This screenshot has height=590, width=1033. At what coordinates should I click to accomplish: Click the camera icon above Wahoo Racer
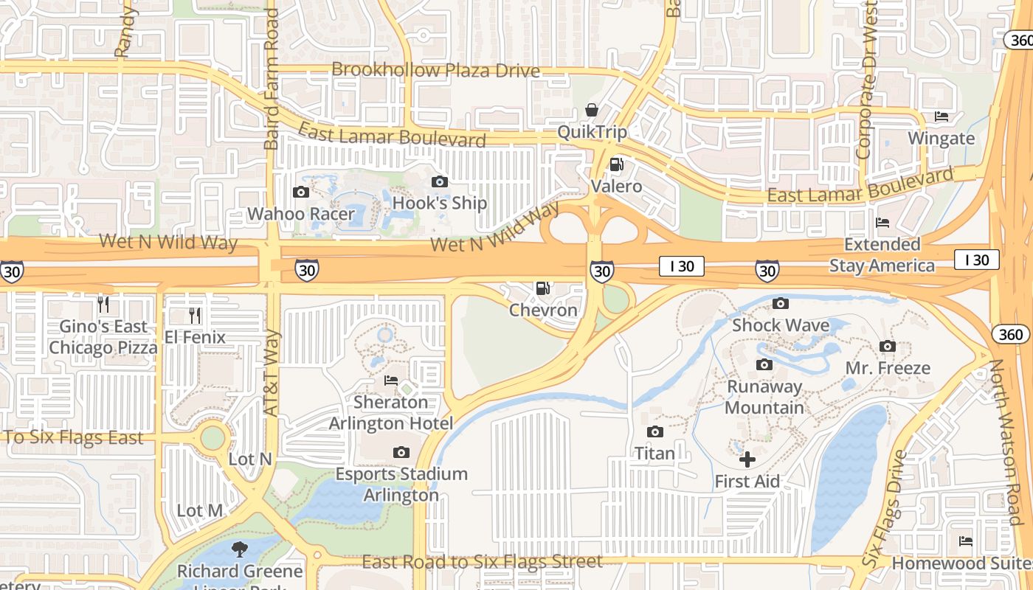coord(300,192)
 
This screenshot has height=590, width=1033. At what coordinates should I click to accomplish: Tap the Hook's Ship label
coord(440,203)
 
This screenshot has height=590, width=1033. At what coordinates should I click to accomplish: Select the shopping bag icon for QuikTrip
coord(592,110)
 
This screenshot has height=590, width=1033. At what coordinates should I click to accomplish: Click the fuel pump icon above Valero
coord(617,164)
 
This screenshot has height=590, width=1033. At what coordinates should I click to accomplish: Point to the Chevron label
coord(543,310)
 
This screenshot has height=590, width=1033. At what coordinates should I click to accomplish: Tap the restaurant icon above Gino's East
coord(103,304)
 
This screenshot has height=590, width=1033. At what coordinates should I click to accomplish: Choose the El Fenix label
coord(195,337)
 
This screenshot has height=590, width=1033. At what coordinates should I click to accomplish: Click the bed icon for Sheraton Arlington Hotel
coord(391,381)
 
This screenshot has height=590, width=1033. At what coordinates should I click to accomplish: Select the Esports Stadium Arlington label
coord(401,484)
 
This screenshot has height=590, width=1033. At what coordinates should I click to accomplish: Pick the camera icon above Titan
coord(654,431)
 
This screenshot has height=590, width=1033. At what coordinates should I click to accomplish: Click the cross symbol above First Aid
coord(747,459)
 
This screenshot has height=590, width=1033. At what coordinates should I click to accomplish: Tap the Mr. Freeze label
coord(888,367)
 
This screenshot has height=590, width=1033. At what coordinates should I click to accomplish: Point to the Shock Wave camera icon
coord(780,303)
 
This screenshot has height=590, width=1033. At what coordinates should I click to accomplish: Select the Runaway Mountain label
coord(764,397)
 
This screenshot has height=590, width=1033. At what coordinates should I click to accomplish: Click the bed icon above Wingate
coord(941,117)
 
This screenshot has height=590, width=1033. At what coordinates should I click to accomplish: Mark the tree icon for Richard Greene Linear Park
coord(239,549)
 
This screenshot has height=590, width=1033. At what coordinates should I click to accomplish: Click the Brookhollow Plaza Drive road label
coord(435,70)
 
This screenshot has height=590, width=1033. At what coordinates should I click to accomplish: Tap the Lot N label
coord(250,459)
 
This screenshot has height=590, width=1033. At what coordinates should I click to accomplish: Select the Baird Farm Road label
coord(271,80)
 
